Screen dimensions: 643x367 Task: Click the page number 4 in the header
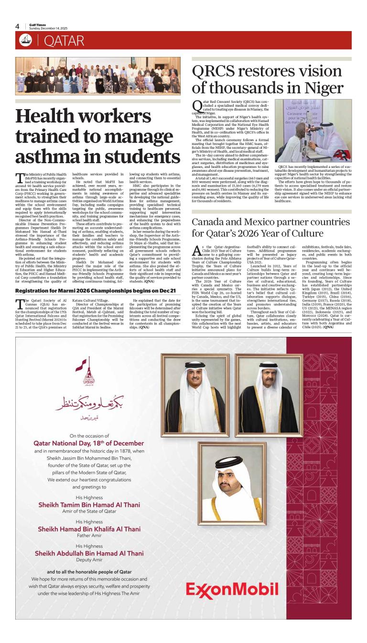17,26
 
